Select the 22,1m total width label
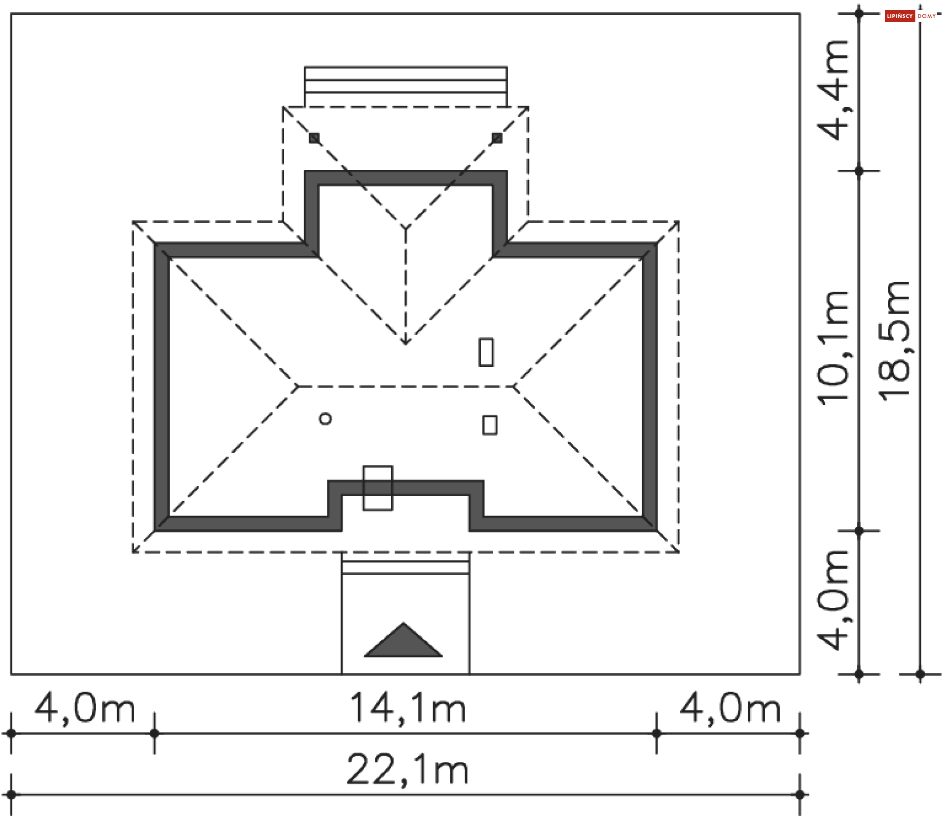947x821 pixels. pyautogui.click(x=407, y=771)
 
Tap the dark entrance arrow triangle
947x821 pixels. pyautogui.click(x=403, y=640)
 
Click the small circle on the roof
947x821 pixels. pyautogui.click(x=326, y=419)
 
